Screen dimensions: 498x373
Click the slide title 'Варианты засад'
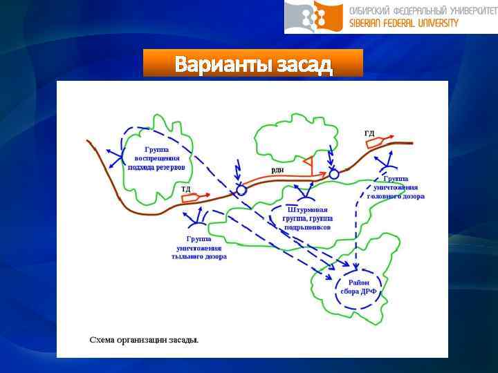tap(253, 64)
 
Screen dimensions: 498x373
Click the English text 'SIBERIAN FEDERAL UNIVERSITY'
tap(403, 23)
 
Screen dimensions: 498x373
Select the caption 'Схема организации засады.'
tap(144, 340)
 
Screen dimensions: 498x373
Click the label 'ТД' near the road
tap(185, 189)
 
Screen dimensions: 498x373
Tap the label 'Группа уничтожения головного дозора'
tap(399, 187)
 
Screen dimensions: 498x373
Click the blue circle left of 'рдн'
tap(241, 190)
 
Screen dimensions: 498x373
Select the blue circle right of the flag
tap(334, 174)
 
